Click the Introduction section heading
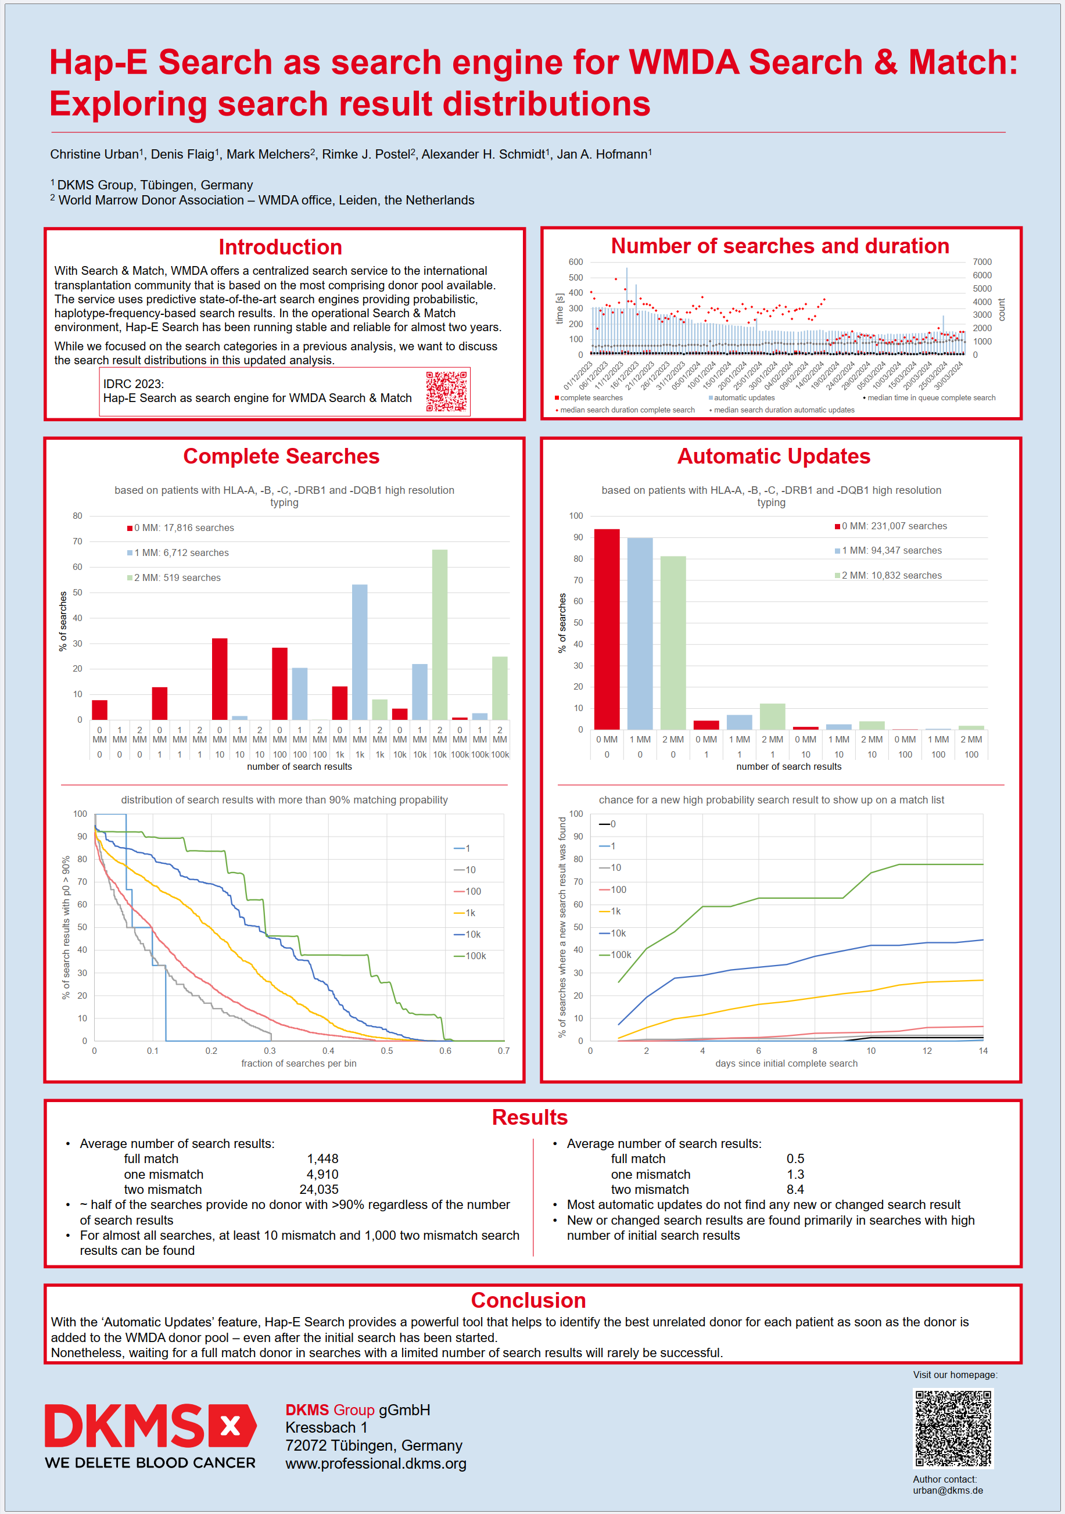click(x=280, y=247)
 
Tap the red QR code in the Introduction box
click(x=446, y=391)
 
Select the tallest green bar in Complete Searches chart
click(x=440, y=633)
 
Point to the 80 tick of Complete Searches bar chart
click(x=78, y=516)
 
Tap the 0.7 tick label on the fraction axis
click(x=504, y=1051)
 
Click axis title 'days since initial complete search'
click(x=786, y=1064)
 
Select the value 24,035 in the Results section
click(x=318, y=1190)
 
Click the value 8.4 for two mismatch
click(x=795, y=1190)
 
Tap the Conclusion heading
click(x=528, y=1300)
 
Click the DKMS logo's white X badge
click(x=231, y=1426)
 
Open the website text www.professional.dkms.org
click(x=375, y=1464)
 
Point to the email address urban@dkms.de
click(x=948, y=1490)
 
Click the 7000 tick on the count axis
click(x=981, y=262)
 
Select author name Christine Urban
click(x=94, y=155)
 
